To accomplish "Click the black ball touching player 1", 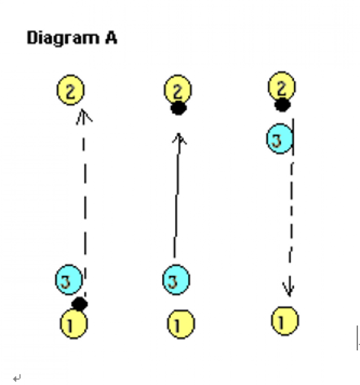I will click(x=80, y=304).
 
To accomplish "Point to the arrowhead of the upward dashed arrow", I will click(x=84, y=116).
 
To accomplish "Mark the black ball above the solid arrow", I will click(x=179, y=109).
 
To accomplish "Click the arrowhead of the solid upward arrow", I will click(x=180, y=138).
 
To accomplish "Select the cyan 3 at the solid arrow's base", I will click(x=176, y=280).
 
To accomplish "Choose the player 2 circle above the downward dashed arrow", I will click(x=282, y=87).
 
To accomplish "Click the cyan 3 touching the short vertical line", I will click(x=280, y=140).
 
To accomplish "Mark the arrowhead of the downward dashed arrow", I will click(x=289, y=291).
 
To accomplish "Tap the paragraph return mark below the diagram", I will click(x=16, y=378).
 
